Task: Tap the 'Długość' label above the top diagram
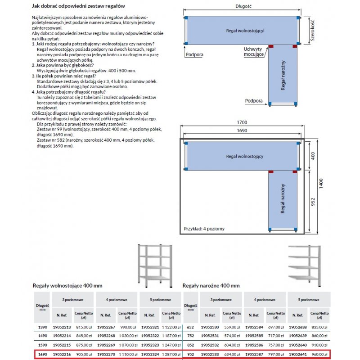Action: pos(243,7)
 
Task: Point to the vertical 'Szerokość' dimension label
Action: pos(310,30)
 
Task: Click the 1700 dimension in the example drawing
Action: pos(242,123)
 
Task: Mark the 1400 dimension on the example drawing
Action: pos(321,185)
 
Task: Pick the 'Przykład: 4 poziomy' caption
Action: pos(204,229)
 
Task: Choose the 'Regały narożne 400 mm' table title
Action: pos(211,286)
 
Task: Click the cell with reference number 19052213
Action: pos(62,328)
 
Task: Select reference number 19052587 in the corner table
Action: pos(253,355)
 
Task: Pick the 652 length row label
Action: pos(190,328)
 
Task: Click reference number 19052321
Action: pos(150,328)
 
